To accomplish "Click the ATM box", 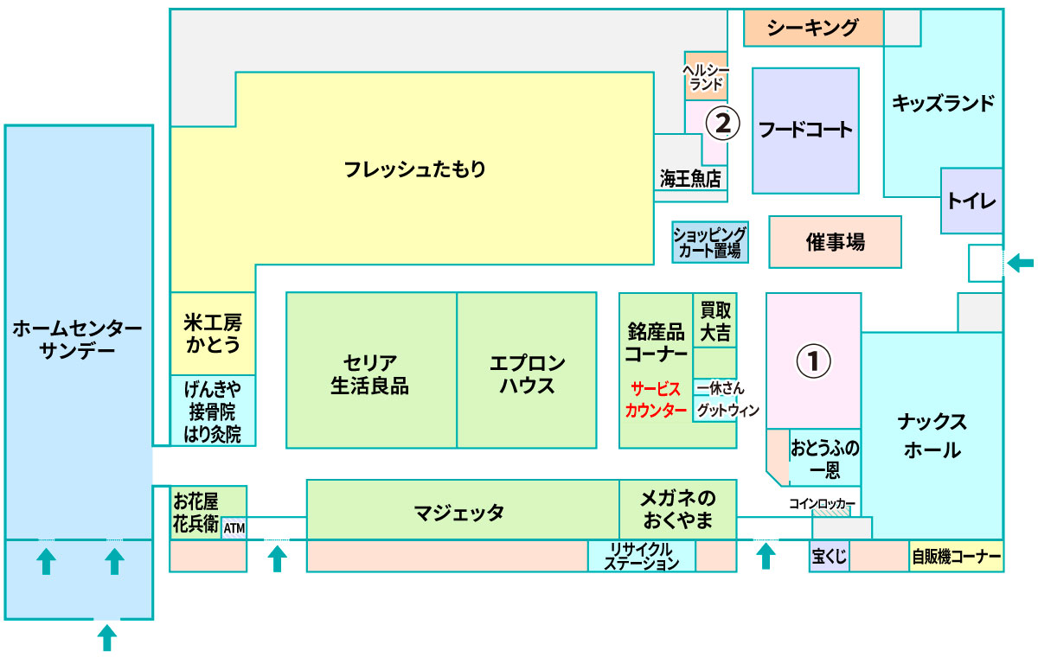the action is (x=234, y=528).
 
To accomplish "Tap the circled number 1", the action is (x=813, y=361).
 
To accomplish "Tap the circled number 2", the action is (x=722, y=123).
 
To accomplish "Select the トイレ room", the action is (x=971, y=201).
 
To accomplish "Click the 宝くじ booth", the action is (x=830, y=556).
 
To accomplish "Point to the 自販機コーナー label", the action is (x=957, y=557).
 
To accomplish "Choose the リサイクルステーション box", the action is (x=642, y=556).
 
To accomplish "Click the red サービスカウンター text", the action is (x=656, y=399).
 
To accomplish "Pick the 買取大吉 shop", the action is (x=715, y=321).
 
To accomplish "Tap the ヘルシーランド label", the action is (x=706, y=77).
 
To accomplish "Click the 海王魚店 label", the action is (x=690, y=179).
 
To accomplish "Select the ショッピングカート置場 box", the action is (x=710, y=242).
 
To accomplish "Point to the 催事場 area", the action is (x=835, y=242).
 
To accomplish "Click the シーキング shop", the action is (x=814, y=28).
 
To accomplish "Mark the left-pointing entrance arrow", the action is (x=1021, y=263).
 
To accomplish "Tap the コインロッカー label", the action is (x=822, y=504).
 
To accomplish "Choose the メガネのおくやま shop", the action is (x=678, y=509).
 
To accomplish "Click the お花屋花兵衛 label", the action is (x=195, y=513).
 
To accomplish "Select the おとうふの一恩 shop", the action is (x=825, y=457).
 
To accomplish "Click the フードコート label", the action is (x=805, y=130).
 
